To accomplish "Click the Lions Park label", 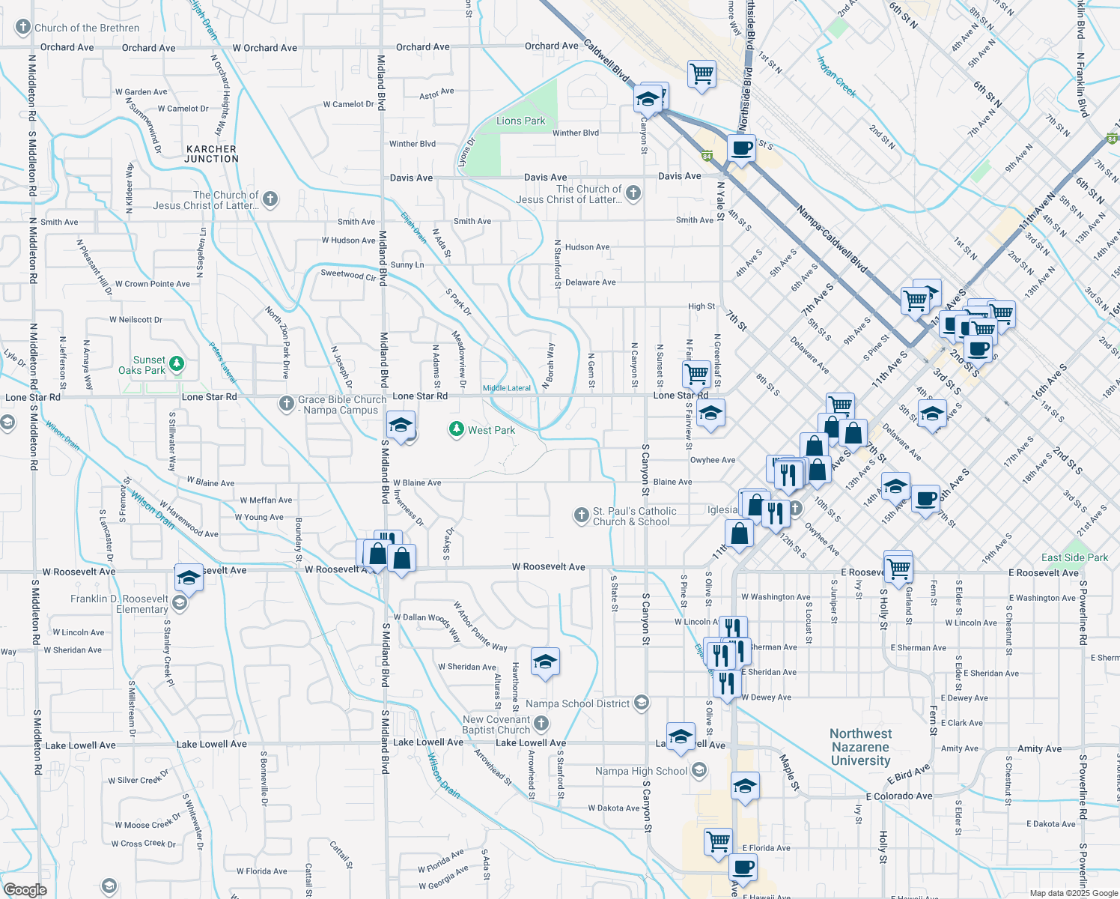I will coord(521,121).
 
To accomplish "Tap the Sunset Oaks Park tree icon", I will coord(177,364).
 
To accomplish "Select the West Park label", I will coord(491,430).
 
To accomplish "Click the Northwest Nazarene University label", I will coord(861,747).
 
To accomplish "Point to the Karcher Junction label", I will coord(212,154).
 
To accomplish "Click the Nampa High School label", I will coord(641,771).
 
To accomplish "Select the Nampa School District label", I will coord(577,703).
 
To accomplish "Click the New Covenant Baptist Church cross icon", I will coord(542,723).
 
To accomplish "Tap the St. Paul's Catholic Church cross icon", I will coord(581,515).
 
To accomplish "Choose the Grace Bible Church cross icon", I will coord(286,404).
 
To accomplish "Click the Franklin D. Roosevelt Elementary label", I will coord(120,604).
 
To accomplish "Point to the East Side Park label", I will coord(1074,557).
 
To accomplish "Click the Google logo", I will coord(25,889).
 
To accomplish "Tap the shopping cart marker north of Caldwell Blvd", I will coord(701,74).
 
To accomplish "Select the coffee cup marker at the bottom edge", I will coord(743,868).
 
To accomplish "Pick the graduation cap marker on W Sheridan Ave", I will coord(545,662).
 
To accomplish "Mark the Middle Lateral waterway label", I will coord(507,388).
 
